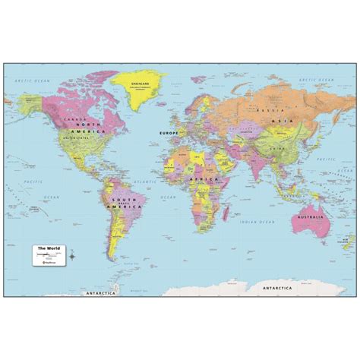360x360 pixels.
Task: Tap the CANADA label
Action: [x=73, y=119]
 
